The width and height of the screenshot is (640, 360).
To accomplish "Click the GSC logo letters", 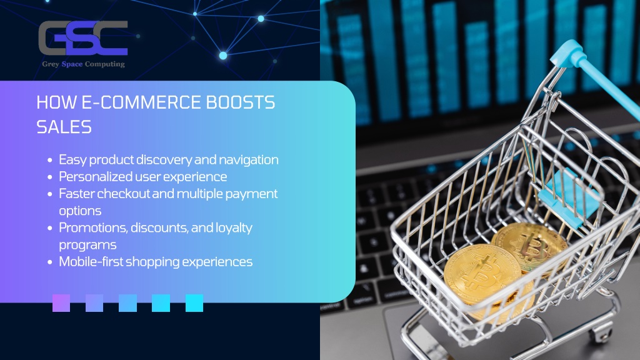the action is point(83,38).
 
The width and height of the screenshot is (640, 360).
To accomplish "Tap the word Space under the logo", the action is point(72,64).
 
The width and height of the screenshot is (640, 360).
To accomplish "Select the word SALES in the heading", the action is point(64,127).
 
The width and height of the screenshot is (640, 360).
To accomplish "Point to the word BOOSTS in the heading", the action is point(241,102).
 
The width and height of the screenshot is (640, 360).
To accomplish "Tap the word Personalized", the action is point(95,177).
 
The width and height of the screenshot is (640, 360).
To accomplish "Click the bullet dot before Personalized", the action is point(50,177).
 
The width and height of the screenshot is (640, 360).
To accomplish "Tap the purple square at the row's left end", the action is point(61,303).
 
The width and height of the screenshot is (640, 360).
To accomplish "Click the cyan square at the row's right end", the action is point(194,303).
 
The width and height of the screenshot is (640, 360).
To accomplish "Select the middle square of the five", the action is point(127,303).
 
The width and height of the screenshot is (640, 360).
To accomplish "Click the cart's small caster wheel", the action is point(601,333).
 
